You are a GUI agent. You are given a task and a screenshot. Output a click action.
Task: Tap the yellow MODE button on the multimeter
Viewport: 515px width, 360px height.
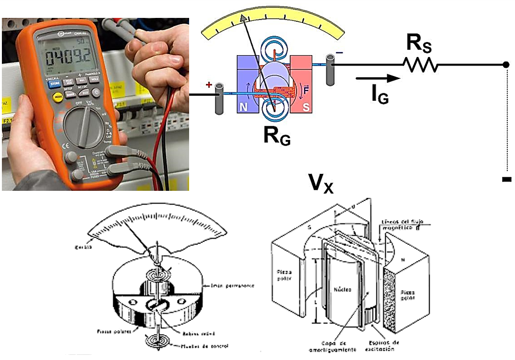[58, 98]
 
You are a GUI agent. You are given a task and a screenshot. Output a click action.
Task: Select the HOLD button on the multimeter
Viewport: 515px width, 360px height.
[93, 81]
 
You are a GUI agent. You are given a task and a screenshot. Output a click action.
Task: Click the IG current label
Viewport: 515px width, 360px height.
[380, 95]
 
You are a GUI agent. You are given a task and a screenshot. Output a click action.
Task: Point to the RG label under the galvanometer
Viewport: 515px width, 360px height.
[277, 136]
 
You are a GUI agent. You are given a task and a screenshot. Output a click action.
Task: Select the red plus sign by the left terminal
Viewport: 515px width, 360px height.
[209, 84]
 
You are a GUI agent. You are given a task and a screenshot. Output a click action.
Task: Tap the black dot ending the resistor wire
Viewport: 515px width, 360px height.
[505, 65]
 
